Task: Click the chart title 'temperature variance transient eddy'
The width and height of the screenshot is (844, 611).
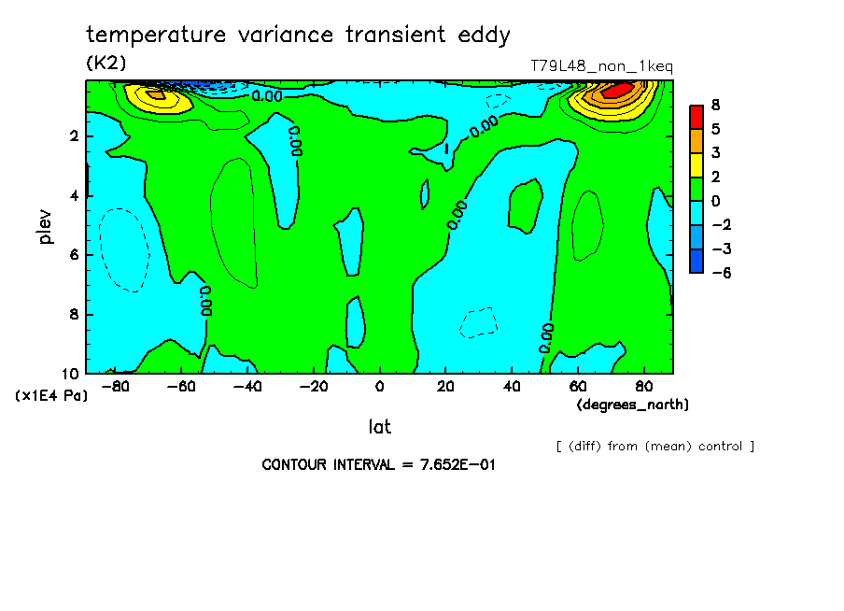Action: click(298, 36)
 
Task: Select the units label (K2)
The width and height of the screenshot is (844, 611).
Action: click(105, 63)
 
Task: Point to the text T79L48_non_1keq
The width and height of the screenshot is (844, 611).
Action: click(601, 66)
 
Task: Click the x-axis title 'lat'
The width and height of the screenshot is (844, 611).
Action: click(379, 427)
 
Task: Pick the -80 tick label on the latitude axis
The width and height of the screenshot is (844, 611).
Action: click(115, 386)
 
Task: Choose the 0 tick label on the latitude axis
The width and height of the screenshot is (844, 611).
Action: click(379, 386)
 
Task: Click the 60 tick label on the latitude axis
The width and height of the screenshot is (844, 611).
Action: click(577, 386)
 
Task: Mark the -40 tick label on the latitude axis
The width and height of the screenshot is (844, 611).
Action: click(246, 386)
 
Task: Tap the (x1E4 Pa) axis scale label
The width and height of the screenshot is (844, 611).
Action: click(51, 396)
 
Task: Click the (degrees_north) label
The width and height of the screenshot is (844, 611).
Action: click(633, 405)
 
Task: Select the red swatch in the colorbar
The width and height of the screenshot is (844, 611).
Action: click(696, 116)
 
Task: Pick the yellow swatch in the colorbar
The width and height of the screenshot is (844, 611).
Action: click(696, 164)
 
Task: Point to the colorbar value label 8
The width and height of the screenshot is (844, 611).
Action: click(715, 104)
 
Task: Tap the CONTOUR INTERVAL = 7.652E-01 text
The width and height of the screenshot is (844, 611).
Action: click(377, 464)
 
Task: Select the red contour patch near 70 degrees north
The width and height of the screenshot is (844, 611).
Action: click(616, 91)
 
